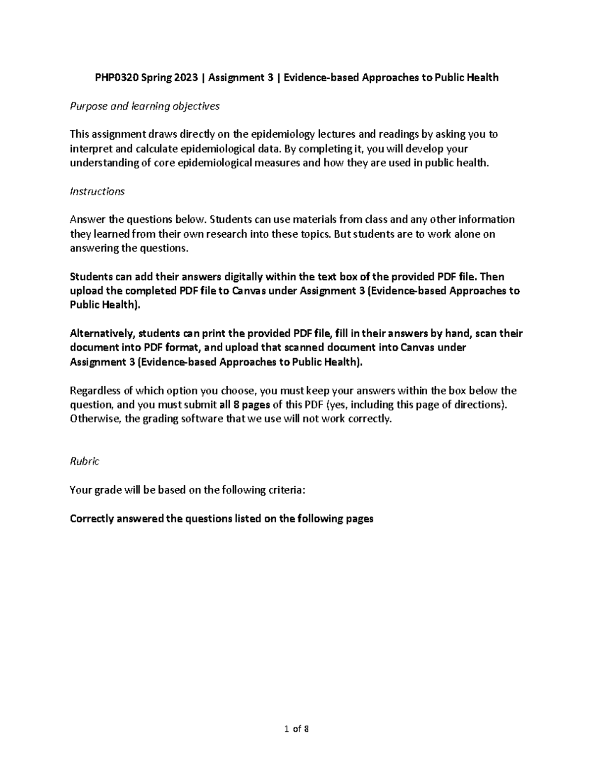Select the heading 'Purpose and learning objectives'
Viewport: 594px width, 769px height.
[145, 106]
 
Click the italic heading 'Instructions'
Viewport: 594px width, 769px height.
[97, 191]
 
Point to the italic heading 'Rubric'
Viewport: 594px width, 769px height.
[85, 461]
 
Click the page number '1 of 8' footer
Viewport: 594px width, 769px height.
[297, 728]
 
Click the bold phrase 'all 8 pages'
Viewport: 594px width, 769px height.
[245, 405]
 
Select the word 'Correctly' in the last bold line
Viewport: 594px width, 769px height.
[91, 518]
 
